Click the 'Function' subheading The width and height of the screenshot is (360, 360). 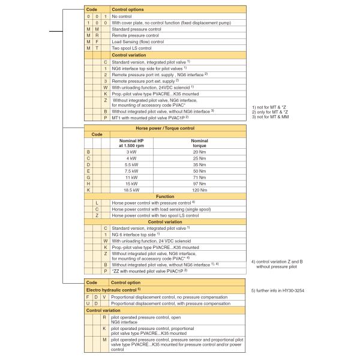[x=165, y=196]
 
